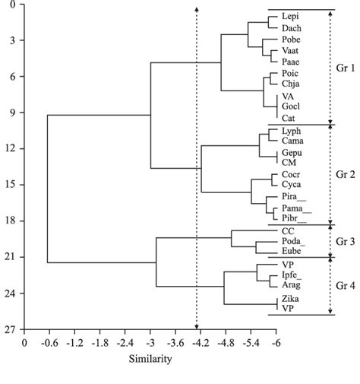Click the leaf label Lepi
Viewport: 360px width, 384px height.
pyautogui.click(x=289, y=16)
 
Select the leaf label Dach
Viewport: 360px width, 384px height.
pyautogui.click(x=291, y=28)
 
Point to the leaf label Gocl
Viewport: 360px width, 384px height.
pyautogui.click(x=291, y=106)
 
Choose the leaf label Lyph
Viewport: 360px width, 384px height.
pyautogui.click(x=292, y=132)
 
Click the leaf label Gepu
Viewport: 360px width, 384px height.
pyautogui.click(x=292, y=152)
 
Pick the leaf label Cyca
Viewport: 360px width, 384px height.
pyautogui.click(x=292, y=185)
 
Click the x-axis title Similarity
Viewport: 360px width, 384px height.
pyautogui.click(x=150, y=358)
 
